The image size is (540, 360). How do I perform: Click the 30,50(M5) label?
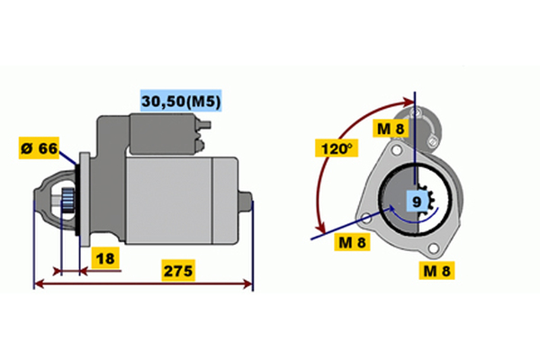tap(181, 101)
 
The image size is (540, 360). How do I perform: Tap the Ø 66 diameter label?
tap(39, 148)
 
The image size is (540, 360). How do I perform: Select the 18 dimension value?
tap(105, 258)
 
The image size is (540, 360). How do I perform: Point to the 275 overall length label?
tap(177, 270)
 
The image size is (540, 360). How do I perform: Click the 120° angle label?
tap(337, 148)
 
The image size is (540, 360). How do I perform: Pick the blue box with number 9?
tap(417, 201)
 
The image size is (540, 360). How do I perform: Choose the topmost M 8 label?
tap(391, 129)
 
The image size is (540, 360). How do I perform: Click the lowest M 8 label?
tap(436, 270)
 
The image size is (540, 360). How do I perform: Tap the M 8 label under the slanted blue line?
tap(352, 242)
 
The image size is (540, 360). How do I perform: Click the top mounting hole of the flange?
tap(397, 150)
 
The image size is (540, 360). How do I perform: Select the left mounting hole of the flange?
tap(367, 218)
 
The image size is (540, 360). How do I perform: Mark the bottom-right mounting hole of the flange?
tap(434, 247)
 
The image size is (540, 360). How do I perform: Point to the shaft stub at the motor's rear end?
tap(246, 201)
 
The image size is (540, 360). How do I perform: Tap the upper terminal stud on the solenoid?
tap(204, 125)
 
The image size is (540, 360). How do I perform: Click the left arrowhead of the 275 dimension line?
tap(40, 283)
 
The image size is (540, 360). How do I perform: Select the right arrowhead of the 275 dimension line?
tap(248, 283)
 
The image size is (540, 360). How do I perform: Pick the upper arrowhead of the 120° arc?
tap(409, 102)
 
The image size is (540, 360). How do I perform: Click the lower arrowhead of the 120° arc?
tap(321, 228)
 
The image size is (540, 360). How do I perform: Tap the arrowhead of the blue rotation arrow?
tap(391, 209)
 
